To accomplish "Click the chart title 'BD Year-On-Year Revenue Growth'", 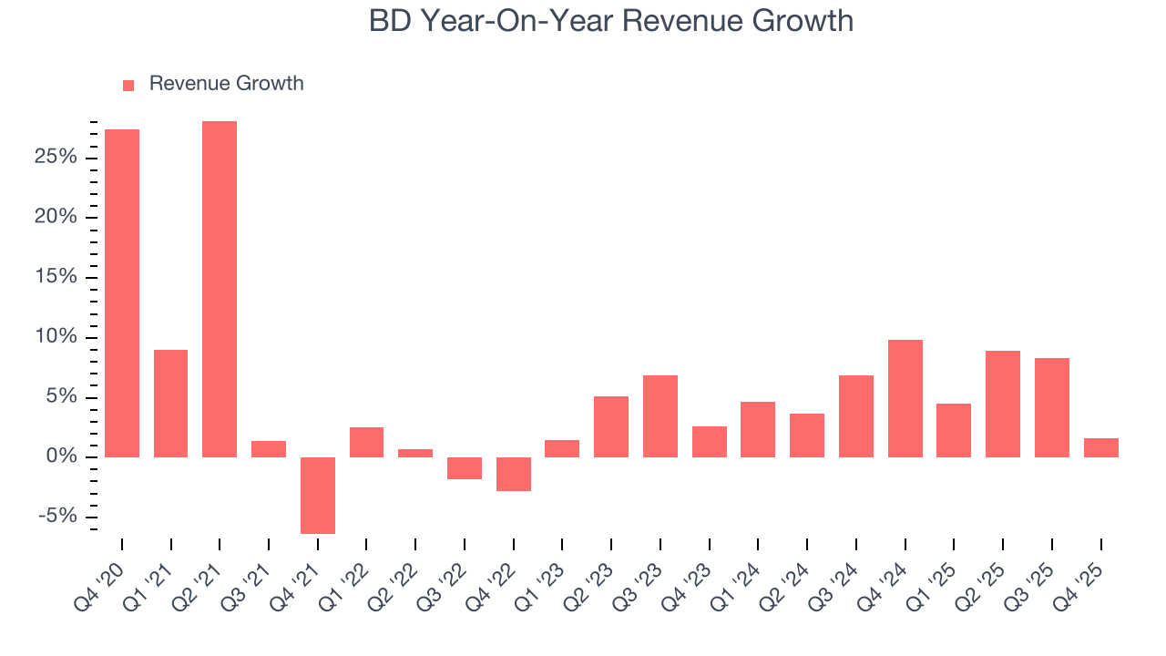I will click(611, 21).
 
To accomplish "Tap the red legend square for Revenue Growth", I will click(128, 85).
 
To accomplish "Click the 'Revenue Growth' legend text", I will click(226, 84).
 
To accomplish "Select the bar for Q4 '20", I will click(122, 292).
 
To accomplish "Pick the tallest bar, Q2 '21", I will click(220, 289).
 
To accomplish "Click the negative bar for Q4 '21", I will click(318, 495).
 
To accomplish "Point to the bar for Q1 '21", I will click(171, 403).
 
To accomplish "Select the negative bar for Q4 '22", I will click(514, 474).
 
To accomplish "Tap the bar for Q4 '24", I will click(905, 398).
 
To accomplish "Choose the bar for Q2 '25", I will click(1003, 404).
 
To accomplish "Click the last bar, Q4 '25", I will click(1101, 447).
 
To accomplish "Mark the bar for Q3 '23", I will click(660, 415).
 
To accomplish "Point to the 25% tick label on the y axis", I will click(56, 158).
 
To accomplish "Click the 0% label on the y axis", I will click(62, 456).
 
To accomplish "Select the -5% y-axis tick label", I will click(58, 517).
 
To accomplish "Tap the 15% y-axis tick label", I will click(56, 278).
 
